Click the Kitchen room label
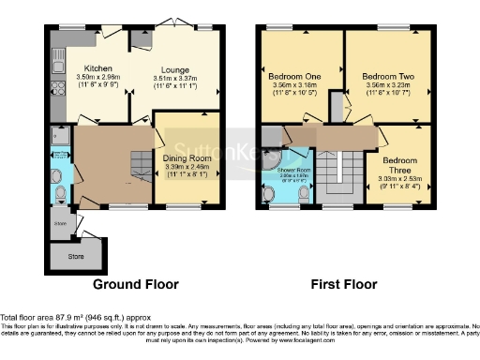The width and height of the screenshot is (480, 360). [98, 68]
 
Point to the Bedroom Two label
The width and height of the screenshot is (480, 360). [387, 74]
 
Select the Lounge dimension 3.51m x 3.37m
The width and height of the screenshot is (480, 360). [174, 80]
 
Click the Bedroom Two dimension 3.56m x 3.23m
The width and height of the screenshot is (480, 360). [388, 85]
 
